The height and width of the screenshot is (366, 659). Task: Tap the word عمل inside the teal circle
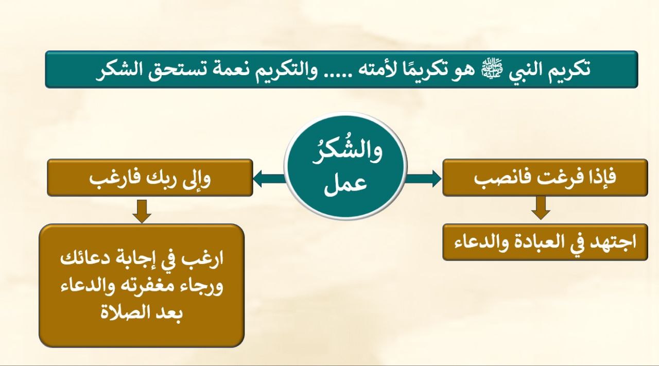point(345,186)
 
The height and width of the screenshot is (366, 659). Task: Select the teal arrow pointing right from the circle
point(423,179)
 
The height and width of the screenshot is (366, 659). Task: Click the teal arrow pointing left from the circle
point(270,179)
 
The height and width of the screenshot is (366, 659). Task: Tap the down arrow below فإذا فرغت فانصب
point(541,208)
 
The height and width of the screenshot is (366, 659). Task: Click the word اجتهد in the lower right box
point(613,242)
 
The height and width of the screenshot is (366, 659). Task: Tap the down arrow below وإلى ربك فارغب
point(142,211)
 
